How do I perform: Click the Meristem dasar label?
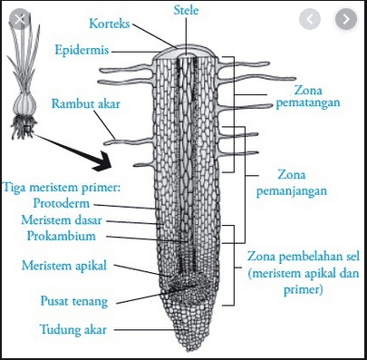click(x=72, y=220)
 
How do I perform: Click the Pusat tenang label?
click(x=70, y=296)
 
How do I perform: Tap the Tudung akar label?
click(x=70, y=326)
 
